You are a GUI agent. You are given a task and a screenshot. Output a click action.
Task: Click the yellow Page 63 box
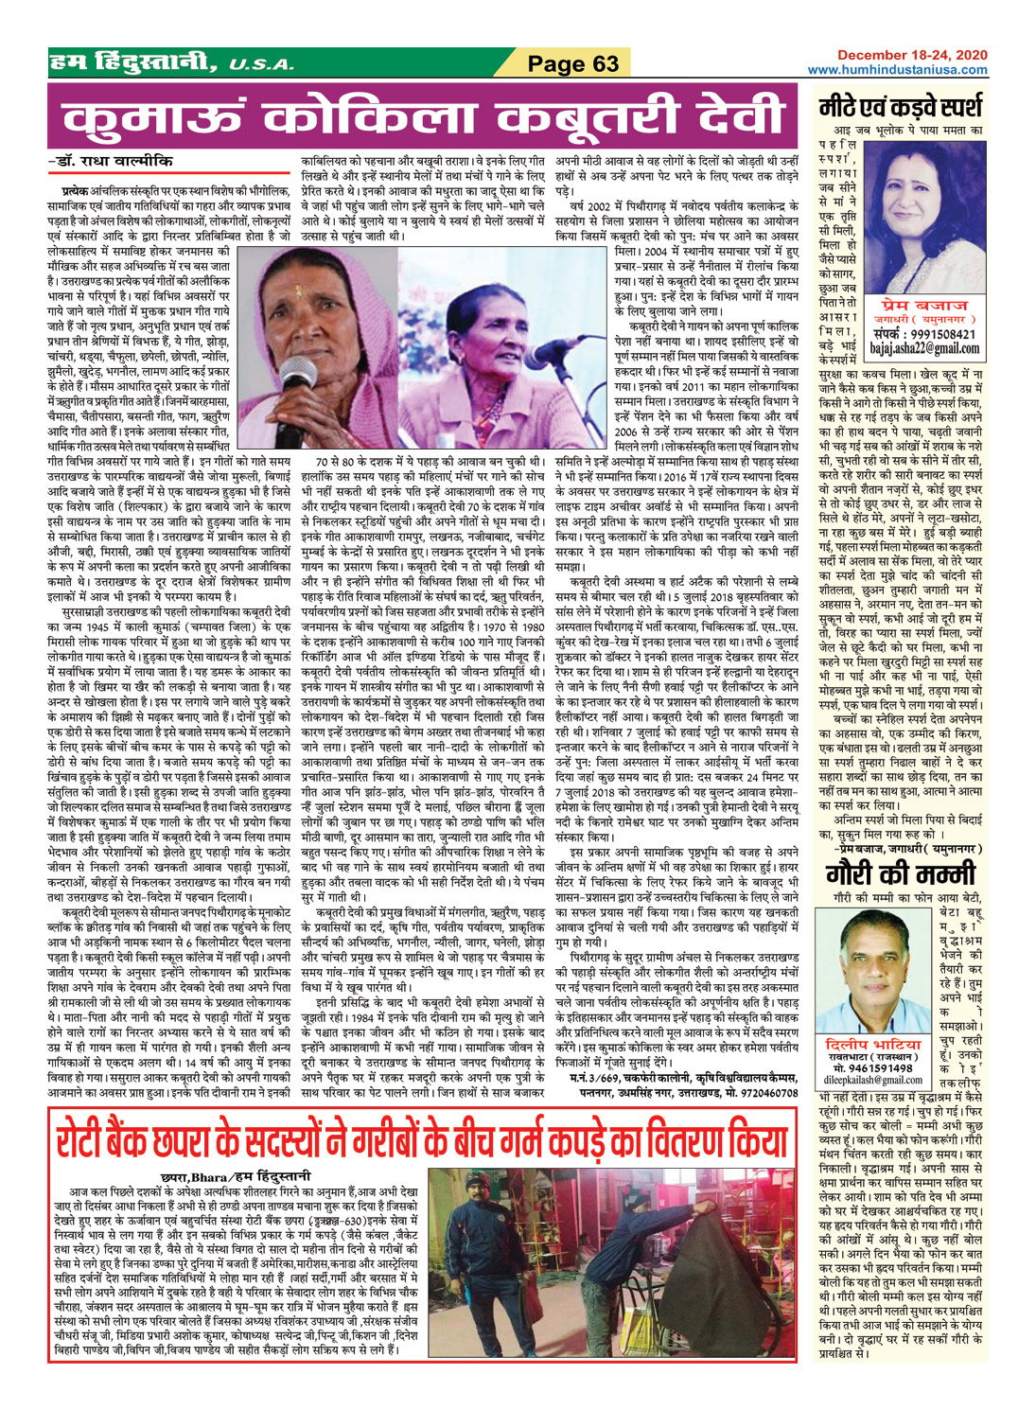pos(572,63)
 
